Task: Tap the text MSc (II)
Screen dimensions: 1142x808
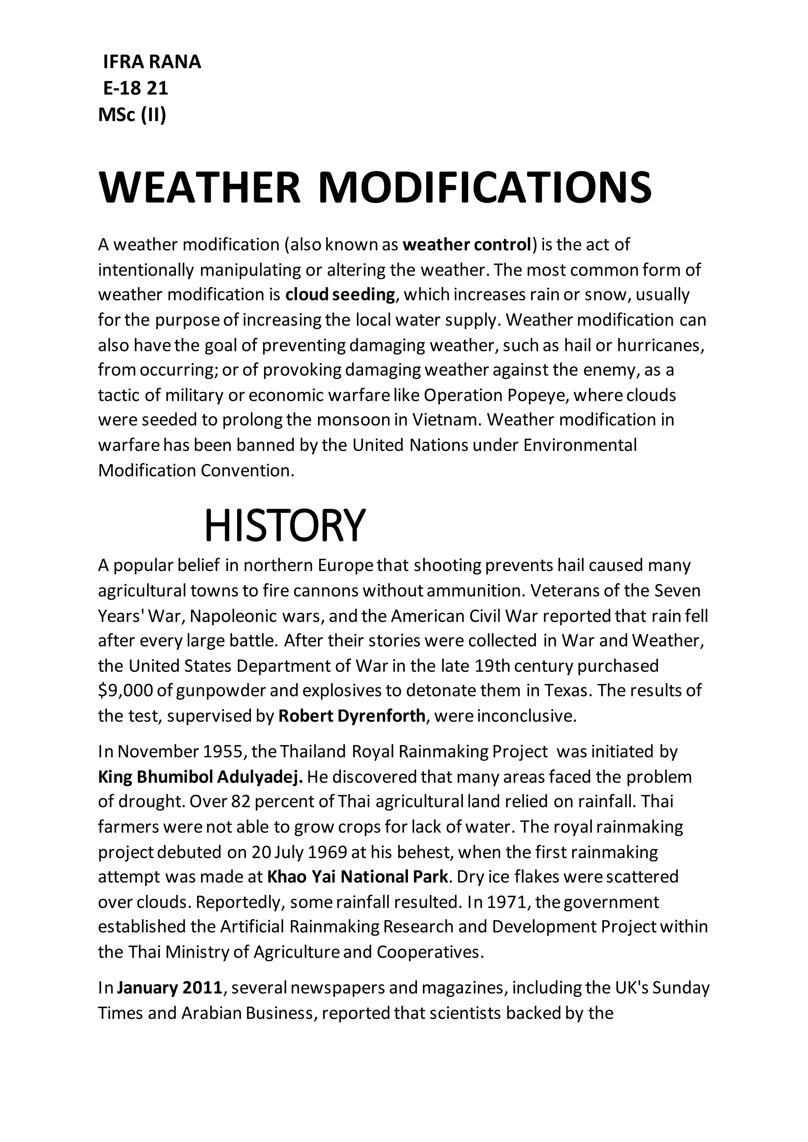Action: (132, 115)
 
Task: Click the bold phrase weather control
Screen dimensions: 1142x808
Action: (467, 245)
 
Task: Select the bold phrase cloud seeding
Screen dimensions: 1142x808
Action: (340, 295)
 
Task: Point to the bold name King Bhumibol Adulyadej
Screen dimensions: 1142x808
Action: (200, 777)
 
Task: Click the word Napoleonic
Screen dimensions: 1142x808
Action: (231, 616)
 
